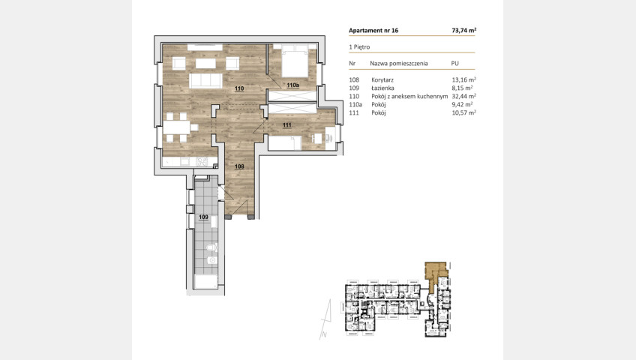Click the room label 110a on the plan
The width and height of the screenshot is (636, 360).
[292, 85]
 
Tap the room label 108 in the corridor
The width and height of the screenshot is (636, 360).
[239, 166]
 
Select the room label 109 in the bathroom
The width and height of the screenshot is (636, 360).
[203, 217]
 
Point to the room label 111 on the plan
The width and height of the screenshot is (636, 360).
[286, 124]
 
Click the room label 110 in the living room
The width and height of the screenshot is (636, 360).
[239, 88]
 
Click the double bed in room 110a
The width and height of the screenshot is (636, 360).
[295, 61]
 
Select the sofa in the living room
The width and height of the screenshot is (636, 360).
[205, 80]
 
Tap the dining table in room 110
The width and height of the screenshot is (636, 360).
[177, 127]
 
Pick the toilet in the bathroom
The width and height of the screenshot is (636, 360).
[211, 247]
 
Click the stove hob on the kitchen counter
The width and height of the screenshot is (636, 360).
[202, 162]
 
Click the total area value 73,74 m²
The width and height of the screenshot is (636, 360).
[464, 31]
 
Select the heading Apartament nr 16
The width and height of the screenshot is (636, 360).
[373, 31]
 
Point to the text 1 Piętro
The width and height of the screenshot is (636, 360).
[359, 47]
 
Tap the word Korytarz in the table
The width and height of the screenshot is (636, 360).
[382, 79]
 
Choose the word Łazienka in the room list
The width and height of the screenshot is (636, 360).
[383, 88]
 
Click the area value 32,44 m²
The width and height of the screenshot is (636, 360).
[464, 97]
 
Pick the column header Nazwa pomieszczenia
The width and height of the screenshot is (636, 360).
[399, 64]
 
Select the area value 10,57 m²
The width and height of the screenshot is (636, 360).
[464, 113]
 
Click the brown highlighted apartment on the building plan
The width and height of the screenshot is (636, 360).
[435, 274]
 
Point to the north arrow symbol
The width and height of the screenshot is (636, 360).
[325, 319]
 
